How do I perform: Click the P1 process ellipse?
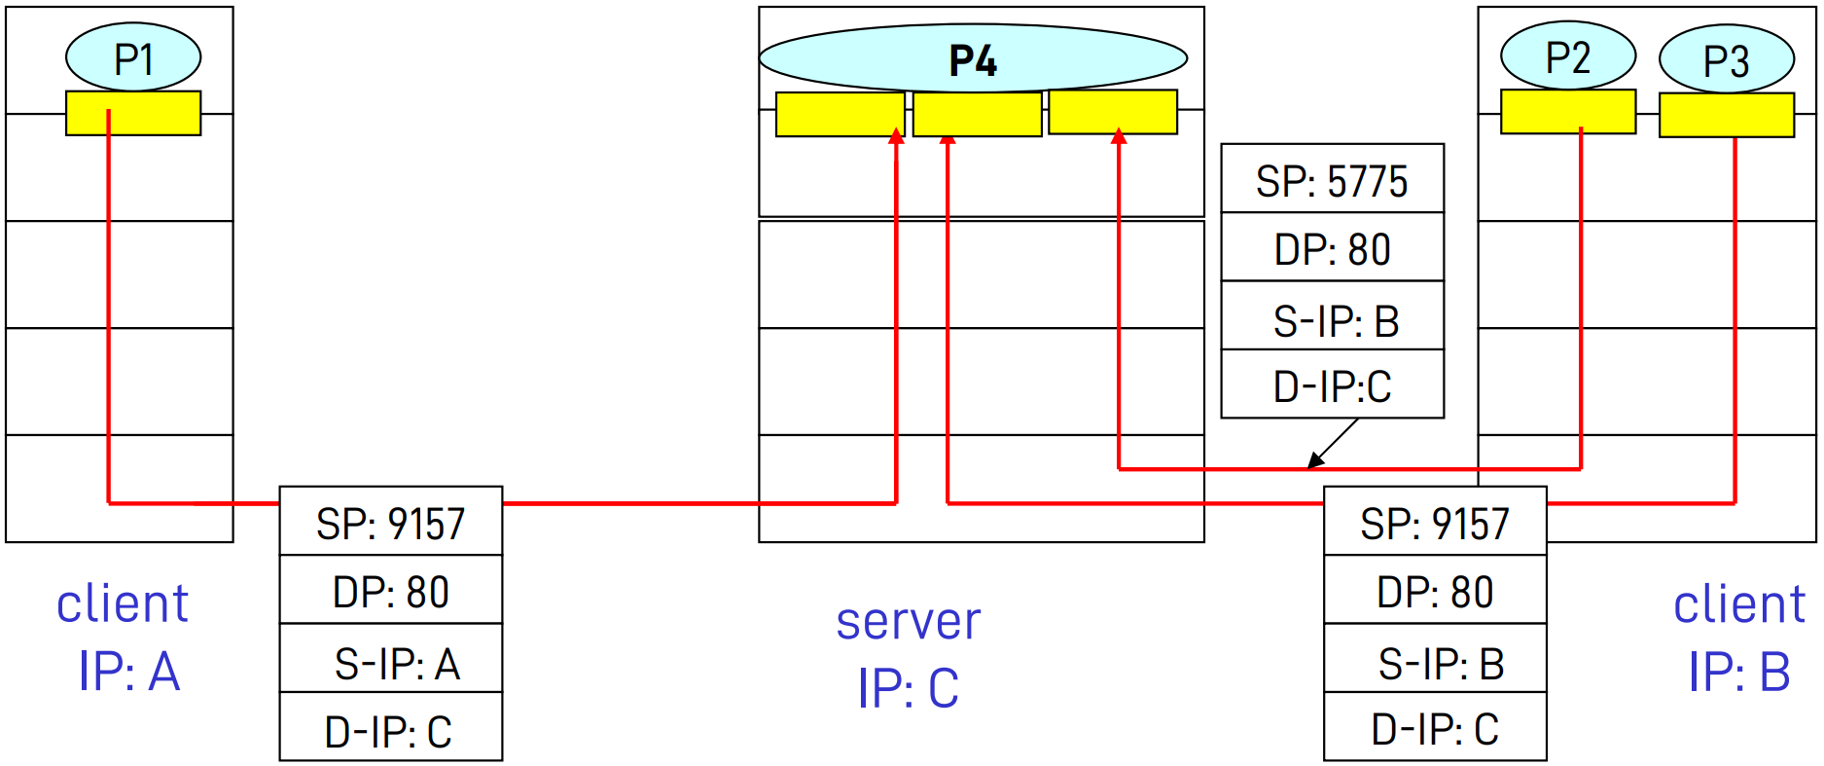(x=133, y=57)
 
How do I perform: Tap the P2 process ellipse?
(x=1568, y=56)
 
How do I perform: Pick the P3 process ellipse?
(x=1726, y=59)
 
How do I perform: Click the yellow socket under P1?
(x=133, y=113)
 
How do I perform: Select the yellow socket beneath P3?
(x=1726, y=115)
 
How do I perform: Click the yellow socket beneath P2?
(x=1568, y=112)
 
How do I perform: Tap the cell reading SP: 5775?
(x=1332, y=179)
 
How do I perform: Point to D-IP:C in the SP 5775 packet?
(x=1332, y=384)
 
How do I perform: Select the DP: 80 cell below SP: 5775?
(x=1332, y=248)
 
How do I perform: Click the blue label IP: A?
(x=128, y=671)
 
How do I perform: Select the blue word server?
(x=908, y=621)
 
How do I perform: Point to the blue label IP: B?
(x=1738, y=671)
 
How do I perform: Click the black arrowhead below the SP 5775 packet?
(x=1315, y=460)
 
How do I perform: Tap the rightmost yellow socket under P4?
(x=1113, y=112)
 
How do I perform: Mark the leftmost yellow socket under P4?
(x=840, y=114)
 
